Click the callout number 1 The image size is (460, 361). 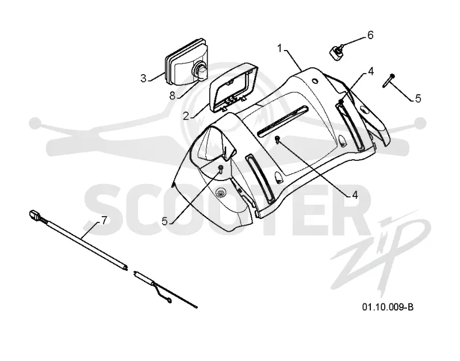pos(280,48)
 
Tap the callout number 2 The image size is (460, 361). pos(186,116)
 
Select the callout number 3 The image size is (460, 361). pos(143,79)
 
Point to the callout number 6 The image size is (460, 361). pos(370,35)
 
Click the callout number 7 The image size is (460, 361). pos(104,221)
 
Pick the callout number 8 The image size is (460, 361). pos(172,95)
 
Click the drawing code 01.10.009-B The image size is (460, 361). pos(388,307)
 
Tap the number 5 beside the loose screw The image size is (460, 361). pos(418,98)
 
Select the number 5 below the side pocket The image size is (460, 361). pos(164,221)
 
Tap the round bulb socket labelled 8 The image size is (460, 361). pos(200,71)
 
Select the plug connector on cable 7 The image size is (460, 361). pos(34,215)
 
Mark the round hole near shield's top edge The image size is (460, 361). pos(316,80)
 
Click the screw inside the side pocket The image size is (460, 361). pos(220,168)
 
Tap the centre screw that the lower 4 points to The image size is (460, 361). pos(277,139)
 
